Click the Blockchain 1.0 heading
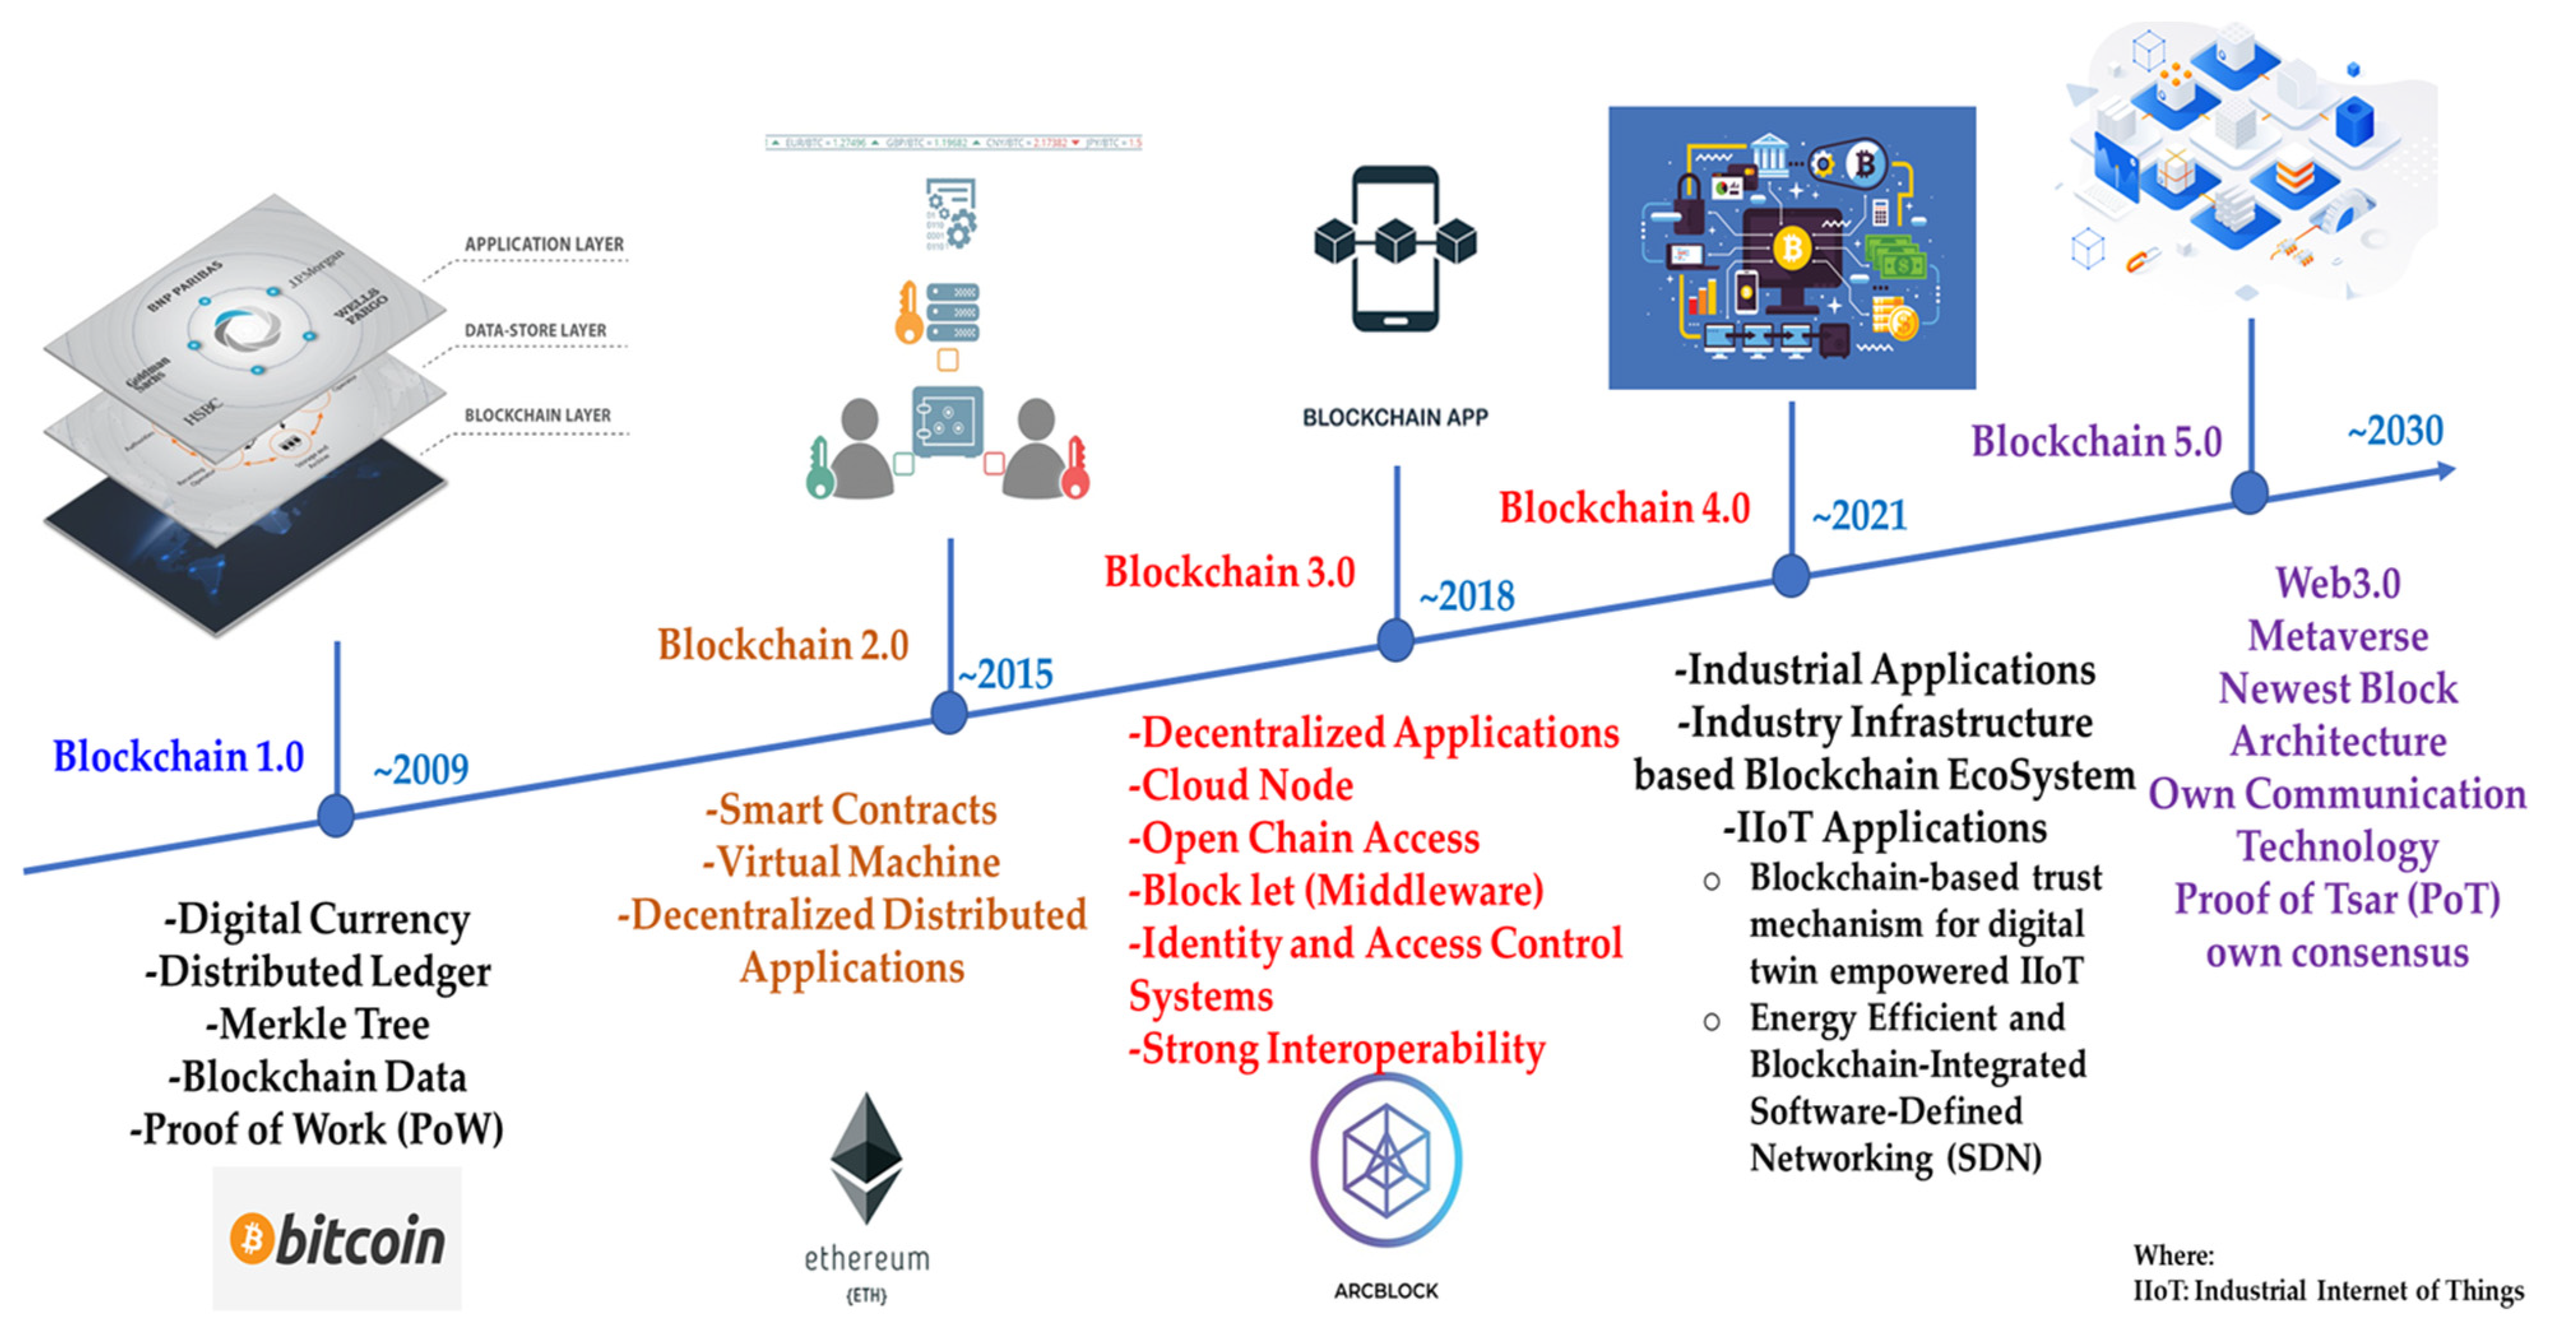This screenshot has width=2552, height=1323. [x=179, y=756]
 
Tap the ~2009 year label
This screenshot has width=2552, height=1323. [x=421, y=769]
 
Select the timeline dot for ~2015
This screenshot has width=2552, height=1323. [x=949, y=713]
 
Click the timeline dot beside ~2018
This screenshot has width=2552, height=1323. [x=1395, y=640]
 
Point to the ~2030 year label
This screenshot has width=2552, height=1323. [x=2395, y=431]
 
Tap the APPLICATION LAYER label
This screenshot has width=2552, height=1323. [x=544, y=243]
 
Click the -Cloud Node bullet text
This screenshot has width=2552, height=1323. [x=1241, y=785]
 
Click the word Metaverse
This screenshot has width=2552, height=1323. [x=2337, y=636]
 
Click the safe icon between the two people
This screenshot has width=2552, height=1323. [x=947, y=421]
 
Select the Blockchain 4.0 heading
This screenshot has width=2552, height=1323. [x=1624, y=508]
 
